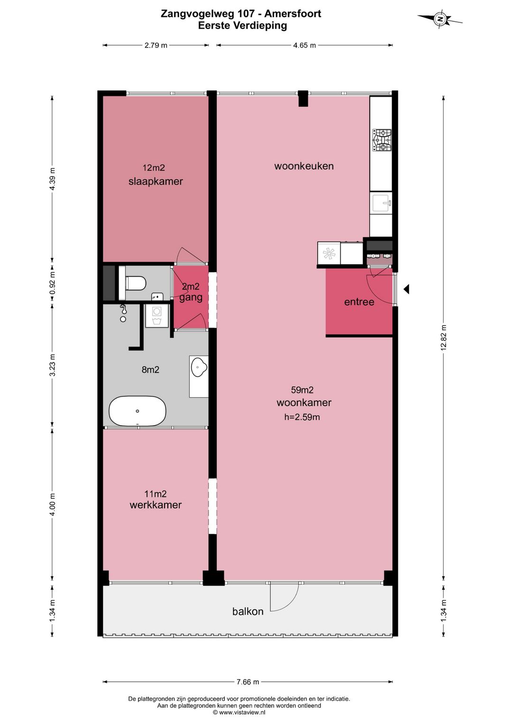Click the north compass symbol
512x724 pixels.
click(440, 19)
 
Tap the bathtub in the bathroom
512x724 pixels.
click(137, 411)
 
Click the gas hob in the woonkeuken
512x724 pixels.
click(382, 140)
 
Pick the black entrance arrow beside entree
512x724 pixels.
click(406, 288)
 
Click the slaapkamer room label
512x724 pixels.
click(155, 181)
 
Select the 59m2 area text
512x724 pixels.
click(302, 390)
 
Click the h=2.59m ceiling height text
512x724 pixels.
click(302, 417)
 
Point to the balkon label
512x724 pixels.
click(248, 611)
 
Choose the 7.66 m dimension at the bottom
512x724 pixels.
click(248, 682)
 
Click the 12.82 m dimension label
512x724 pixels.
click(444, 337)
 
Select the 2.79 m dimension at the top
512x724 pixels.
click(155, 45)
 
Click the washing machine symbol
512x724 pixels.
click(157, 316)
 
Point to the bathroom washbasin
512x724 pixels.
click(199, 368)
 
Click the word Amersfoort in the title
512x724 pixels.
click(293, 14)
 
